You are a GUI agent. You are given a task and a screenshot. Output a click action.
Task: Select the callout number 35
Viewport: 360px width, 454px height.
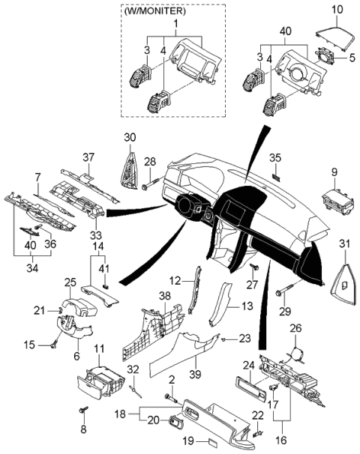tap(275, 157)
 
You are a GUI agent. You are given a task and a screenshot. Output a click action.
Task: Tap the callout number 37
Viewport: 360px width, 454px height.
tap(88, 157)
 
